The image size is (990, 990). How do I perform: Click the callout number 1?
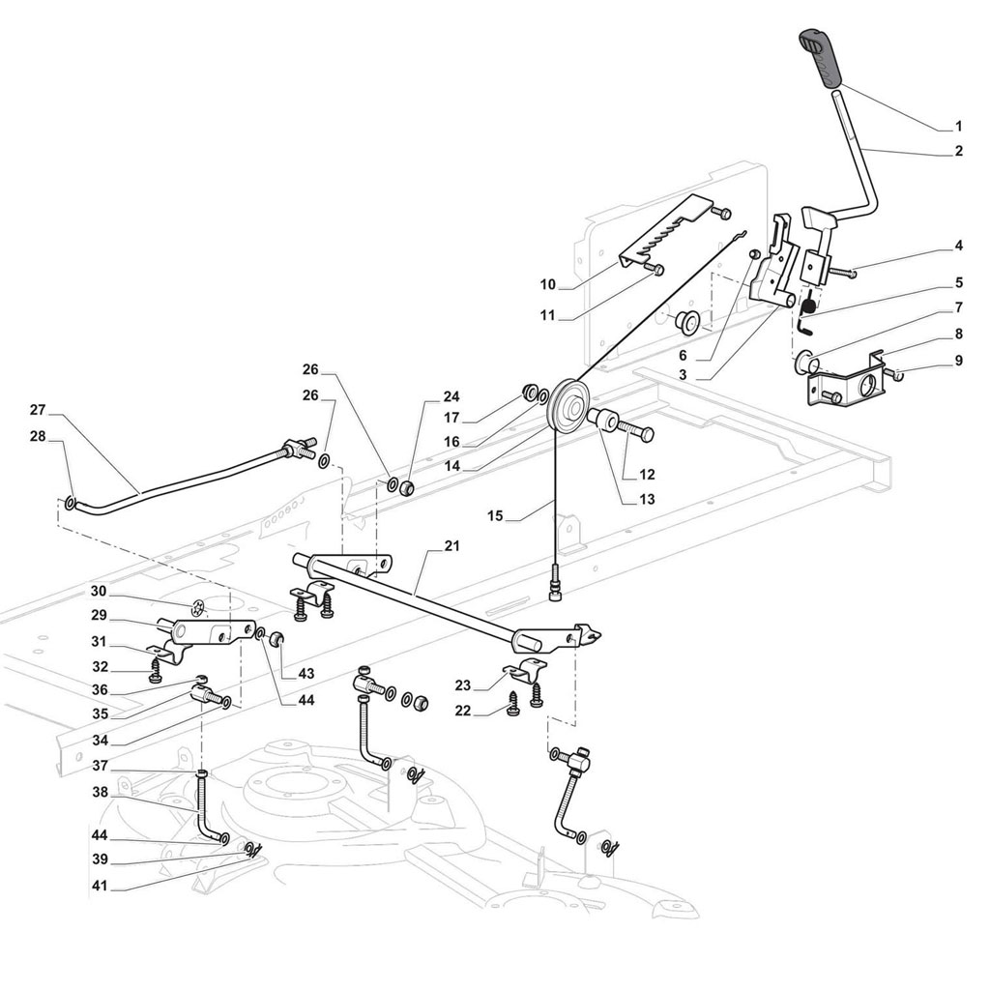(958, 127)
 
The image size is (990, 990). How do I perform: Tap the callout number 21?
(451, 545)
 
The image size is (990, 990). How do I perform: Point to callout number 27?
(38, 410)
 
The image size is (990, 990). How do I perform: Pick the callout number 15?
(495, 516)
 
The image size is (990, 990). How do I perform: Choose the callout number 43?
(306, 674)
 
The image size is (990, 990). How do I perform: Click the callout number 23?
(463, 684)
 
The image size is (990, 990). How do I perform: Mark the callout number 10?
(547, 285)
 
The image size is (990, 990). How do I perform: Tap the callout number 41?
(100, 887)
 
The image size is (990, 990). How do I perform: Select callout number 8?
(958, 334)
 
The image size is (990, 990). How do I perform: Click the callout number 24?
(451, 396)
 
